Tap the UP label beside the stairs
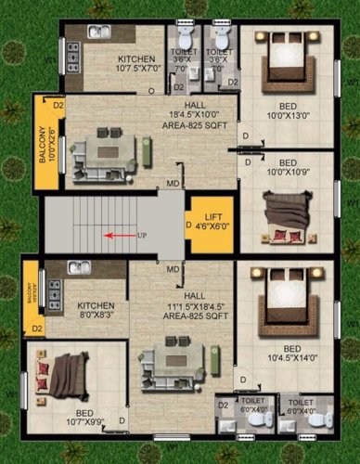coord(142,235)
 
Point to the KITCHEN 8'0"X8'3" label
coord(96,310)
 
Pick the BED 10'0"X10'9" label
coord(284,168)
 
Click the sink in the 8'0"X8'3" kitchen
coord(79,267)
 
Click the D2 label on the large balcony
coord(58,106)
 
